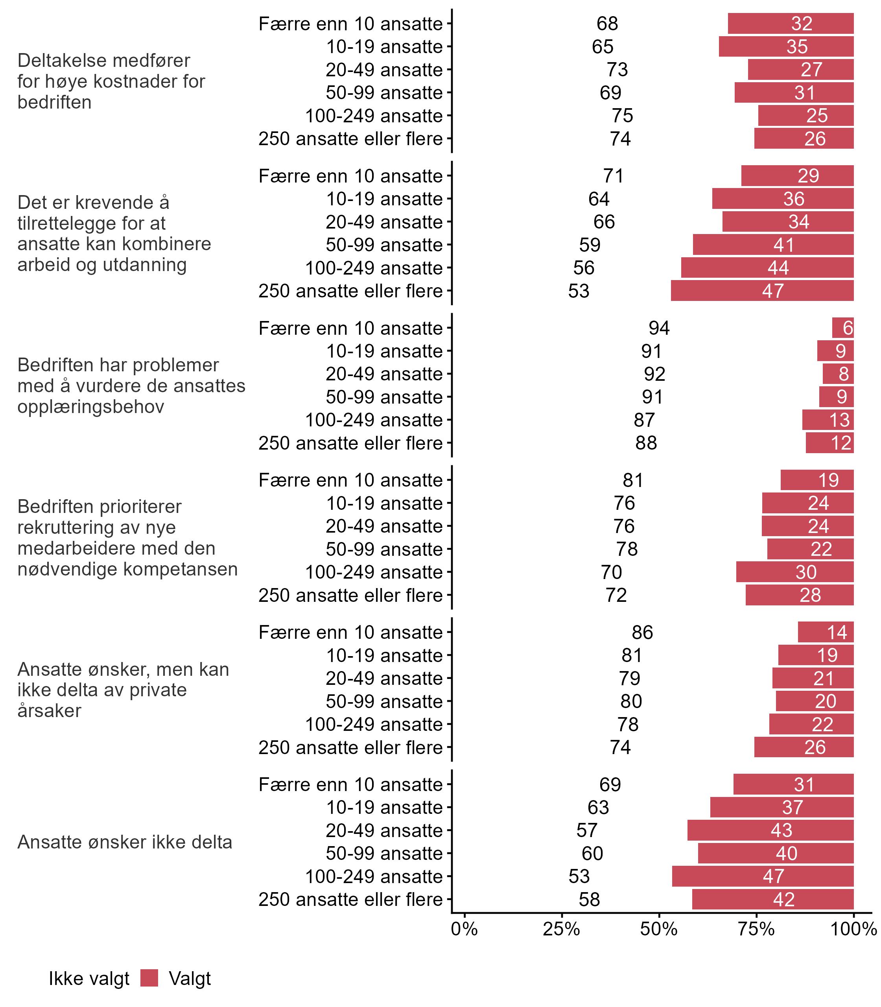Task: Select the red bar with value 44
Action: point(767,268)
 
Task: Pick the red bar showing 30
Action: point(794,572)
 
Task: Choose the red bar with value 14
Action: point(826,633)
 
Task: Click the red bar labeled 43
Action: point(770,830)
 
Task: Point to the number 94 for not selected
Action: point(659,328)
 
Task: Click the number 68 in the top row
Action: point(607,24)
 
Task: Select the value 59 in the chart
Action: point(590,245)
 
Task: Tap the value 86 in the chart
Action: point(642,633)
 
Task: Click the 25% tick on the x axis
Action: point(562,929)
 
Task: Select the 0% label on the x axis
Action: point(464,929)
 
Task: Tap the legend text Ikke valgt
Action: point(89,979)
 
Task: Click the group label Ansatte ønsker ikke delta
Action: point(124,842)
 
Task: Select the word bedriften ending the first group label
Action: point(54,102)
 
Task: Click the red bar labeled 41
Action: point(773,245)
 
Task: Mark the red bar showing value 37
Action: point(782,807)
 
